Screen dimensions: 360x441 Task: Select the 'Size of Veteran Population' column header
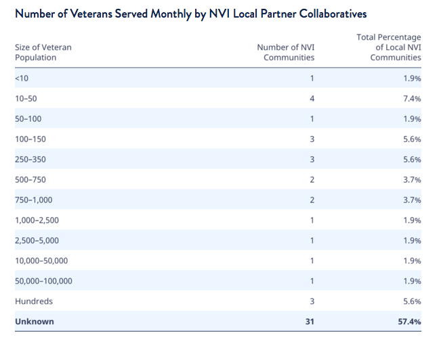click(43, 52)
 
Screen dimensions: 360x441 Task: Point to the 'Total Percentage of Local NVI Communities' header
click(389, 47)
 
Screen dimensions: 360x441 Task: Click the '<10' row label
click(22, 78)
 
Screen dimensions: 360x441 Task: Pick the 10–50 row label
click(26, 99)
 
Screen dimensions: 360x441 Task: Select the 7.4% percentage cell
click(412, 99)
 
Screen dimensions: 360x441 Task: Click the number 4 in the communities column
click(312, 99)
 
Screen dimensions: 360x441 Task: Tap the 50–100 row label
click(28, 119)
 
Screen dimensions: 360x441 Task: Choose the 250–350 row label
click(31, 160)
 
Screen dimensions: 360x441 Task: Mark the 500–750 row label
click(31, 180)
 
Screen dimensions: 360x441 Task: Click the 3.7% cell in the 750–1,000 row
click(412, 200)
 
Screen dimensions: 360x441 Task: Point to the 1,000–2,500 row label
click(37, 221)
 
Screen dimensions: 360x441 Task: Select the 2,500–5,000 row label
click(37, 241)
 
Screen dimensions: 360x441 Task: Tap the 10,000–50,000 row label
click(41, 261)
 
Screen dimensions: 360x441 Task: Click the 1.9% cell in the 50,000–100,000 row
click(412, 282)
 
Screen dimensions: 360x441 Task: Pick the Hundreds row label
click(33, 302)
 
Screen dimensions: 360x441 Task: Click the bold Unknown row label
click(35, 322)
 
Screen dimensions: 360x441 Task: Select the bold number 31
click(310, 322)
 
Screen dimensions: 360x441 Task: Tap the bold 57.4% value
click(408, 322)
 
